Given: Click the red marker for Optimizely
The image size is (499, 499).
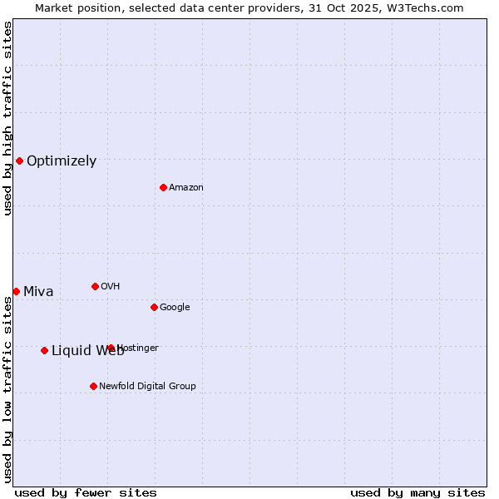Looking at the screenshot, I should [x=19, y=161].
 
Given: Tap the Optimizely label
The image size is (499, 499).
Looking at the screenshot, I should [x=62, y=161].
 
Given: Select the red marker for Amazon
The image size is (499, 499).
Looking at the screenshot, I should [x=163, y=187].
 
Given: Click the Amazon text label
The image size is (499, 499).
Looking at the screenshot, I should [x=186, y=188].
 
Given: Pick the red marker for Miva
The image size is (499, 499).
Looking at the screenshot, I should [x=16, y=291].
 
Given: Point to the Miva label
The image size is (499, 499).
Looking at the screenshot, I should [x=38, y=292].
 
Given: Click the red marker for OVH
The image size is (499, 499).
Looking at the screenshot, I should [x=95, y=286].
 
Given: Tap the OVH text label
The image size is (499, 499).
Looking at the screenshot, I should [x=111, y=287].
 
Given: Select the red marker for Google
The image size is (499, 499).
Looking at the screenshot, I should [x=154, y=307].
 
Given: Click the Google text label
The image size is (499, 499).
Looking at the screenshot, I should [x=175, y=308].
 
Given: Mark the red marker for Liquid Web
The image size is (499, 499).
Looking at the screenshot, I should [x=44, y=350].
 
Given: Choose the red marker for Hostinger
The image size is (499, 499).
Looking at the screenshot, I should [x=111, y=348].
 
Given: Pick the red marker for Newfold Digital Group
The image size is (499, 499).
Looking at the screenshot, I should [x=93, y=386].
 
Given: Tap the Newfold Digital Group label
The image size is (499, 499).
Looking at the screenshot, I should [x=147, y=387].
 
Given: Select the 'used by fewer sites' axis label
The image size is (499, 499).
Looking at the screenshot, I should [x=86, y=492].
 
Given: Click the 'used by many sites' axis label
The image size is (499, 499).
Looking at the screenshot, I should [x=417, y=492].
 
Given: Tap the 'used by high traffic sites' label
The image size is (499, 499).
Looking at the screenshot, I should [x=7, y=118].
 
